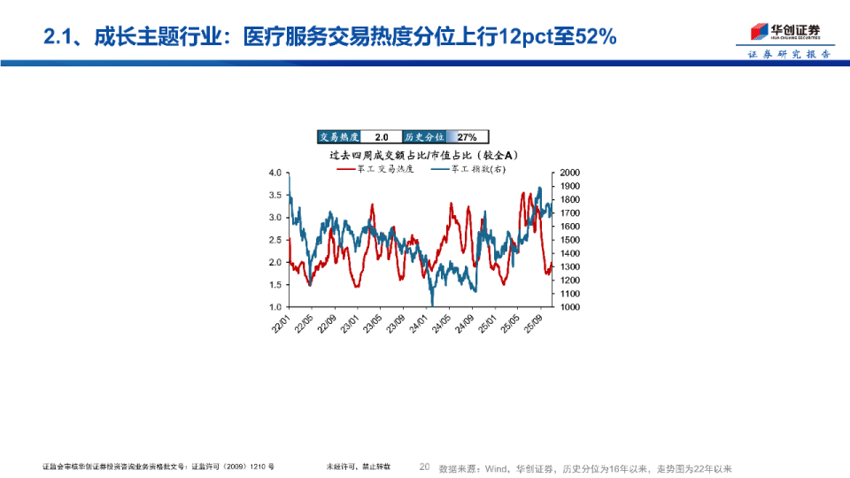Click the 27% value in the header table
pos(467,137)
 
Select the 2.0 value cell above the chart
pos(382,137)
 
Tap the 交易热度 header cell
pos(339,137)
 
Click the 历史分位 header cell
pos(424,137)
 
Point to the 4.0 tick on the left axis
pos(275,173)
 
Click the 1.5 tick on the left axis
pos(275,285)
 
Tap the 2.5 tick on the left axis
pos(275,240)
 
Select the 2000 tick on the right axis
pos(569,173)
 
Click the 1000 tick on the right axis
pos(569,307)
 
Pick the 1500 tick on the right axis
pos(569,240)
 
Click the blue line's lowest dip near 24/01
pos(432,304)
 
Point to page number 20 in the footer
pos(424,467)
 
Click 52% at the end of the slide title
pos(594,37)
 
